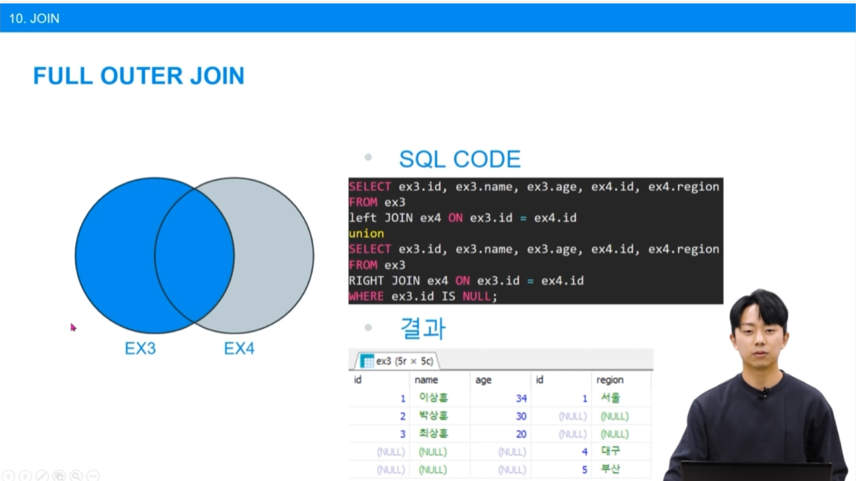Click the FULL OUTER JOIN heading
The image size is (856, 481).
139,76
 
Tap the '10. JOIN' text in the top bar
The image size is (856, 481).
34,18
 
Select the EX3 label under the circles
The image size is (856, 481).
140,349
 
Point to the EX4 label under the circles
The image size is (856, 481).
239,349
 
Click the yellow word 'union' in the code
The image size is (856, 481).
366,233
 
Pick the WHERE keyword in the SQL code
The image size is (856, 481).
366,296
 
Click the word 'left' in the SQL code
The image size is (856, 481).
363,218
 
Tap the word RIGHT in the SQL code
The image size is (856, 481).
366,280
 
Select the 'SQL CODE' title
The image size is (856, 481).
460,159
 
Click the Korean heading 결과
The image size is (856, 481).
423,328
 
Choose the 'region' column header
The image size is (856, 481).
610,380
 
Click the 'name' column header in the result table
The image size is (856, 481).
426,380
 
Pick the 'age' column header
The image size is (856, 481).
483,380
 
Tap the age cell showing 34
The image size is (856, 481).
521,398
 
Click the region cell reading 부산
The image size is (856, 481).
610,469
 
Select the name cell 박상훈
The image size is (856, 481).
433,415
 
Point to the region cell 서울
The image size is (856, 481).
610,398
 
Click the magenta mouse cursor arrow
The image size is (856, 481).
73,328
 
